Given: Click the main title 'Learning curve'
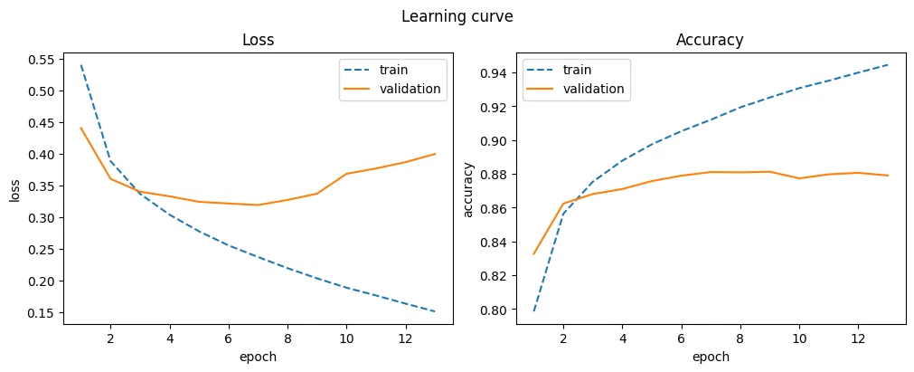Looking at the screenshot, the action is click(457, 17).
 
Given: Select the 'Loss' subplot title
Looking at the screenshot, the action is click(259, 40).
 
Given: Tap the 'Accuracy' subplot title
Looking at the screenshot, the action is click(710, 40).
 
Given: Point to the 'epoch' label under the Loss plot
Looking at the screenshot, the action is click(259, 357).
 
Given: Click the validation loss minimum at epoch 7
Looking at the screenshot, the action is click(258, 205).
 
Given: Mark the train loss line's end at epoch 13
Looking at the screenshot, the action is click(436, 311).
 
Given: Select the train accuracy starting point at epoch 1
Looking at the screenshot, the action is click(534, 310).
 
